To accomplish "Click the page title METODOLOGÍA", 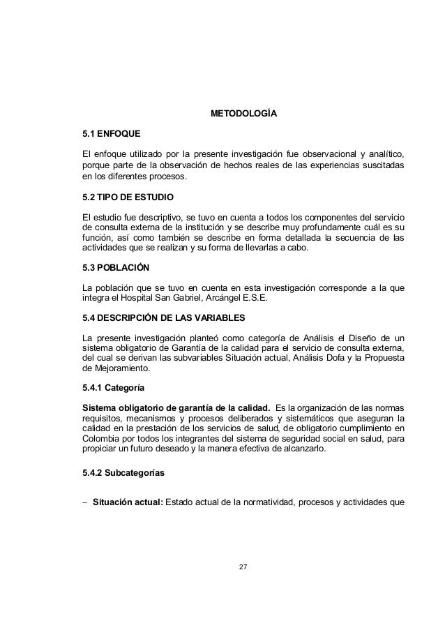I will [243, 114].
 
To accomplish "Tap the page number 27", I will [243, 583].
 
